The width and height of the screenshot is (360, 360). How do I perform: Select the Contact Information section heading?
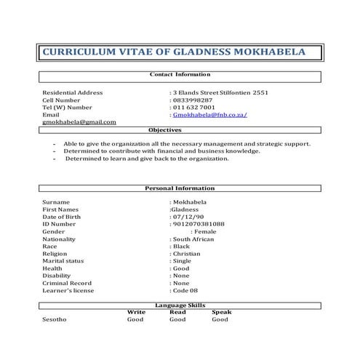click(x=180, y=74)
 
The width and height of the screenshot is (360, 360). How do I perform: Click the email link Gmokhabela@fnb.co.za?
click(x=211, y=115)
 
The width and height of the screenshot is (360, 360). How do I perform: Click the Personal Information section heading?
click(x=180, y=188)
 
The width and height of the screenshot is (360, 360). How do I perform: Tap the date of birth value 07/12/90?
click(x=186, y=217)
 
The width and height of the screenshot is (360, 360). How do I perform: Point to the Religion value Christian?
click(x=188, y=253)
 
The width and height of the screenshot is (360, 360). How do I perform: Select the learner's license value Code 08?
click(x=185, y=290)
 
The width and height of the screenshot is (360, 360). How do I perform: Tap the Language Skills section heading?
click(x=180, y=306)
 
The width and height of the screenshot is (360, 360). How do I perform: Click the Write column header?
click(x=136, y=312)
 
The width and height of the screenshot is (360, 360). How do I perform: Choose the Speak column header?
click(x=221, y=312)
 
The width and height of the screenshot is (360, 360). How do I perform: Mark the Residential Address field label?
click(x=73, y=92)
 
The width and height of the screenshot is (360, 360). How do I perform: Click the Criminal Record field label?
click(x=67, y=283)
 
